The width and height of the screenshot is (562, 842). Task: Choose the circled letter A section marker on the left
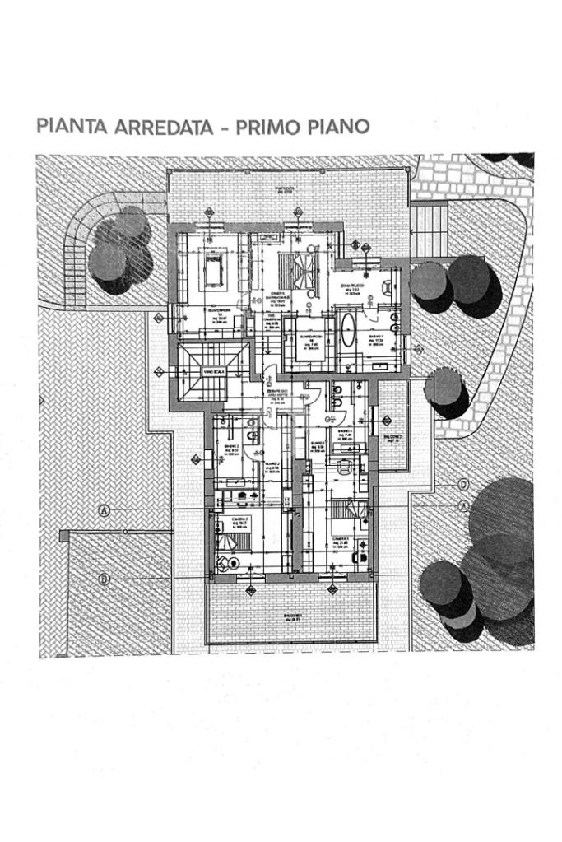coord(105,510)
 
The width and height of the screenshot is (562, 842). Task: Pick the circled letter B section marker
coord(105,579)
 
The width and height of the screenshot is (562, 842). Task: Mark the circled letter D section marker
coord(463,485)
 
